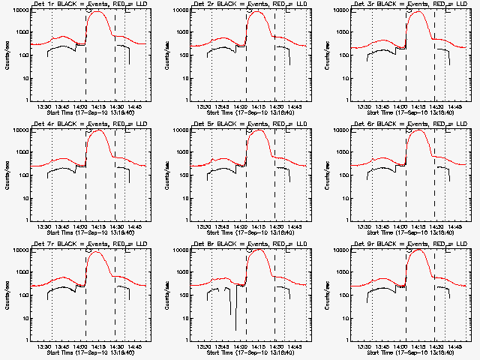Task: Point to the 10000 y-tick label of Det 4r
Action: pyautogui.click(x=18, y=130)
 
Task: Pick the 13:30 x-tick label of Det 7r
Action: pyautogui.click(x=44, y=347)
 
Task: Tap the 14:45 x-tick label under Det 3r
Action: pyautogui.click(x=454, y=107)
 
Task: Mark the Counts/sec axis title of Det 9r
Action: pyautogui.click(x=325, y=295)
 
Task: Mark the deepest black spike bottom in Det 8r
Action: pyautogui.click(x=235, y=330)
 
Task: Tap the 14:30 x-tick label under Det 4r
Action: pyautogui.click(x=116, y=227)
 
